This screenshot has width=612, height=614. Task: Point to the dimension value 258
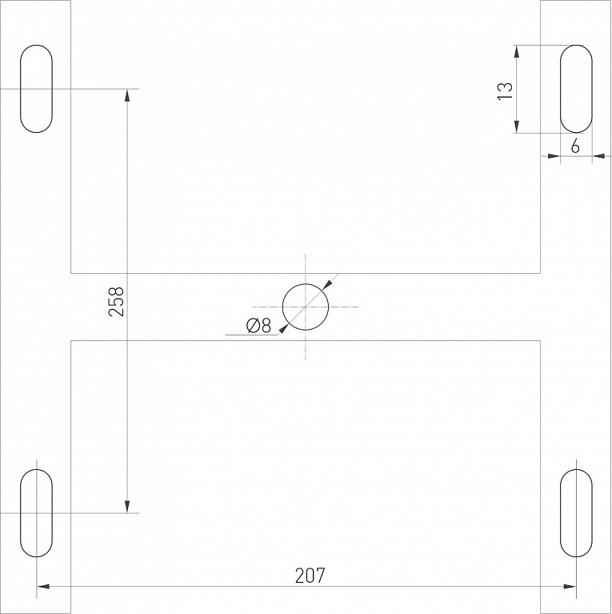[116, 302]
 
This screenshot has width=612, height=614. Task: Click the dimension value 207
[310, 576]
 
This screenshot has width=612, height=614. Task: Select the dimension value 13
[505, 91]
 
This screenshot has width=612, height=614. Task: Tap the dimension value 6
[575, 146]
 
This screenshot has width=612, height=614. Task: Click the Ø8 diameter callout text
[258, 325]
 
